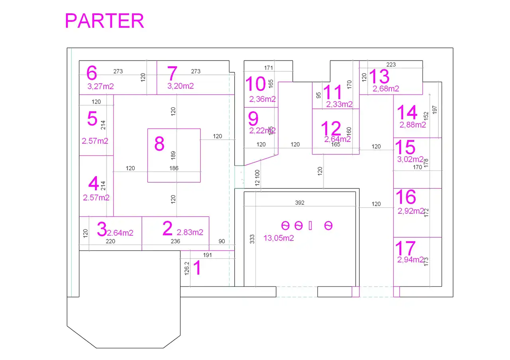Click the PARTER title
tap(104, 21)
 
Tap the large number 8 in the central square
tap(159, 144)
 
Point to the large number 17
tap(405, 248)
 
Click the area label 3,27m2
tap(100, 86)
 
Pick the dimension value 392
tap(300, 203)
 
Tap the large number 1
tap(197, 268)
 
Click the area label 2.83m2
tap(190, 232)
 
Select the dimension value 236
tap(175, 241)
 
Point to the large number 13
tap(379, 76)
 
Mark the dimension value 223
tap(391, 65)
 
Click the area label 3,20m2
tap(180, 86)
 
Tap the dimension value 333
tap(252, 239)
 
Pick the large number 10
tap(255, 84)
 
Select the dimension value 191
tap(208, 255)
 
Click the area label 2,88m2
tap(413, 125)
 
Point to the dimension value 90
tap(222, 241)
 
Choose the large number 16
tap(406, 197)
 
